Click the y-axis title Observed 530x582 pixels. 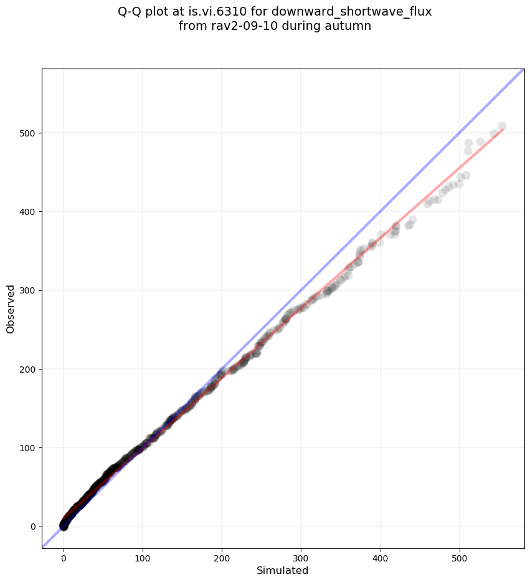coord(11,308)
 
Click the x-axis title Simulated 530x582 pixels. coord(283,570)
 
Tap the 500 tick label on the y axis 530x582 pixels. coord(27,133)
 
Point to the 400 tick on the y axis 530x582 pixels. coord(27,212)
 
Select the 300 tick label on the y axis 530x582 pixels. coord(27,290)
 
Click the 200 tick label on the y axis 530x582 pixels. coord(27,369)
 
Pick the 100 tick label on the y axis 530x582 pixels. coord(27,448)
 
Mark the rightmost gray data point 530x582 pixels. coord(502,126)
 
